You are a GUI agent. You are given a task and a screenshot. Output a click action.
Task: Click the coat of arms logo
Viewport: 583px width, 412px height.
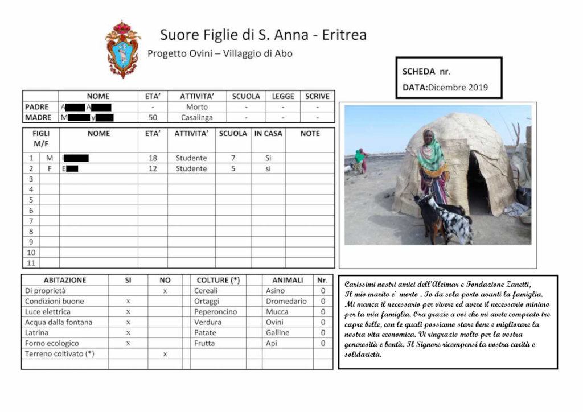tap(122, 50)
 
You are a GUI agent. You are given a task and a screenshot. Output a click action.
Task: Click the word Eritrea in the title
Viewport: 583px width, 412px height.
tap(344, 35)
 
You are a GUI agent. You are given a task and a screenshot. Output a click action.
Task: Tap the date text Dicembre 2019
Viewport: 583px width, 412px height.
tap(458, 88)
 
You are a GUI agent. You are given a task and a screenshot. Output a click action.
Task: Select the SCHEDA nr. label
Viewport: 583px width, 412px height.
tap(426, 72)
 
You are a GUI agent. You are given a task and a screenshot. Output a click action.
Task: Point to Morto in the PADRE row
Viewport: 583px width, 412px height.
tap(197, 107)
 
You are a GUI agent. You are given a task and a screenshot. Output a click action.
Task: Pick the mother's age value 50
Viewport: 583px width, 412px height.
tap(152, 117)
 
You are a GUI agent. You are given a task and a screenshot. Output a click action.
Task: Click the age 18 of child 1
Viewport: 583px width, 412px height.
tap(152, 158)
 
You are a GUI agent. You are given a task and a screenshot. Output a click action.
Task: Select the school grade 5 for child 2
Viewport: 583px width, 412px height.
tap(233, 168)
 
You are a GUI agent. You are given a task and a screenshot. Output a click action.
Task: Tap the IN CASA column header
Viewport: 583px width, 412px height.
tap(268, 134)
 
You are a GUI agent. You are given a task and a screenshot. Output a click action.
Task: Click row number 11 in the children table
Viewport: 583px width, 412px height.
tap(31, 263)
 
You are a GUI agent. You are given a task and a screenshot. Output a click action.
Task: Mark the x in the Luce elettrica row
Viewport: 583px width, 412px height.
tap(128, 312)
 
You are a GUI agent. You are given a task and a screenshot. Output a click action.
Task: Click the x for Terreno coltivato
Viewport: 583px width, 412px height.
tap(165, 354)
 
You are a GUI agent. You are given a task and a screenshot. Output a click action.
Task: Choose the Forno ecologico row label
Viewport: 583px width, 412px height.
tap(52, 343)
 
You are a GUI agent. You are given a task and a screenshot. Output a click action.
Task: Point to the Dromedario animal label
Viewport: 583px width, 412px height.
tap(286, 301)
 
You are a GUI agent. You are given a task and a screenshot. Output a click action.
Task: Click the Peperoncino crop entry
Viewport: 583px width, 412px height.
tap(215, 312)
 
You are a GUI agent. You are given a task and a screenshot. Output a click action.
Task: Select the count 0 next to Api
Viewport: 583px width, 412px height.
tap(323, 343)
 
